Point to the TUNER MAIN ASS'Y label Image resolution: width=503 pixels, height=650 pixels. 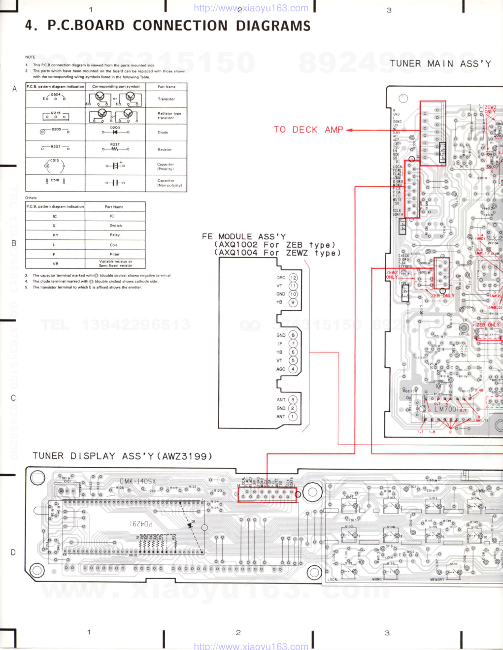coord(440,64)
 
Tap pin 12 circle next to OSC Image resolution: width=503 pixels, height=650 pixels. coord(293,278)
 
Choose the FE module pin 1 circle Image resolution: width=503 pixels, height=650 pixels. coord(293,417)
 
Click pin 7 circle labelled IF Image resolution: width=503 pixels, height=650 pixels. coord(293,344)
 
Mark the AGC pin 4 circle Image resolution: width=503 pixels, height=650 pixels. coord(293,369)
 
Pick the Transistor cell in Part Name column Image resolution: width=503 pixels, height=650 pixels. coord(166,99)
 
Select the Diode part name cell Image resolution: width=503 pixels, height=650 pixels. coord(163,132)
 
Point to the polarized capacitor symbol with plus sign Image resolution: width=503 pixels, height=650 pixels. coord(115,165)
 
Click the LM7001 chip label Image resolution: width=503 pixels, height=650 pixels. coord(446,409)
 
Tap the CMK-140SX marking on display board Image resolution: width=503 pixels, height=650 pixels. coord(137,482)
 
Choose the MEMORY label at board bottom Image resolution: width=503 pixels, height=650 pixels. coord(437,580)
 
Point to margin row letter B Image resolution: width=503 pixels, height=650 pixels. coord(14,243)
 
